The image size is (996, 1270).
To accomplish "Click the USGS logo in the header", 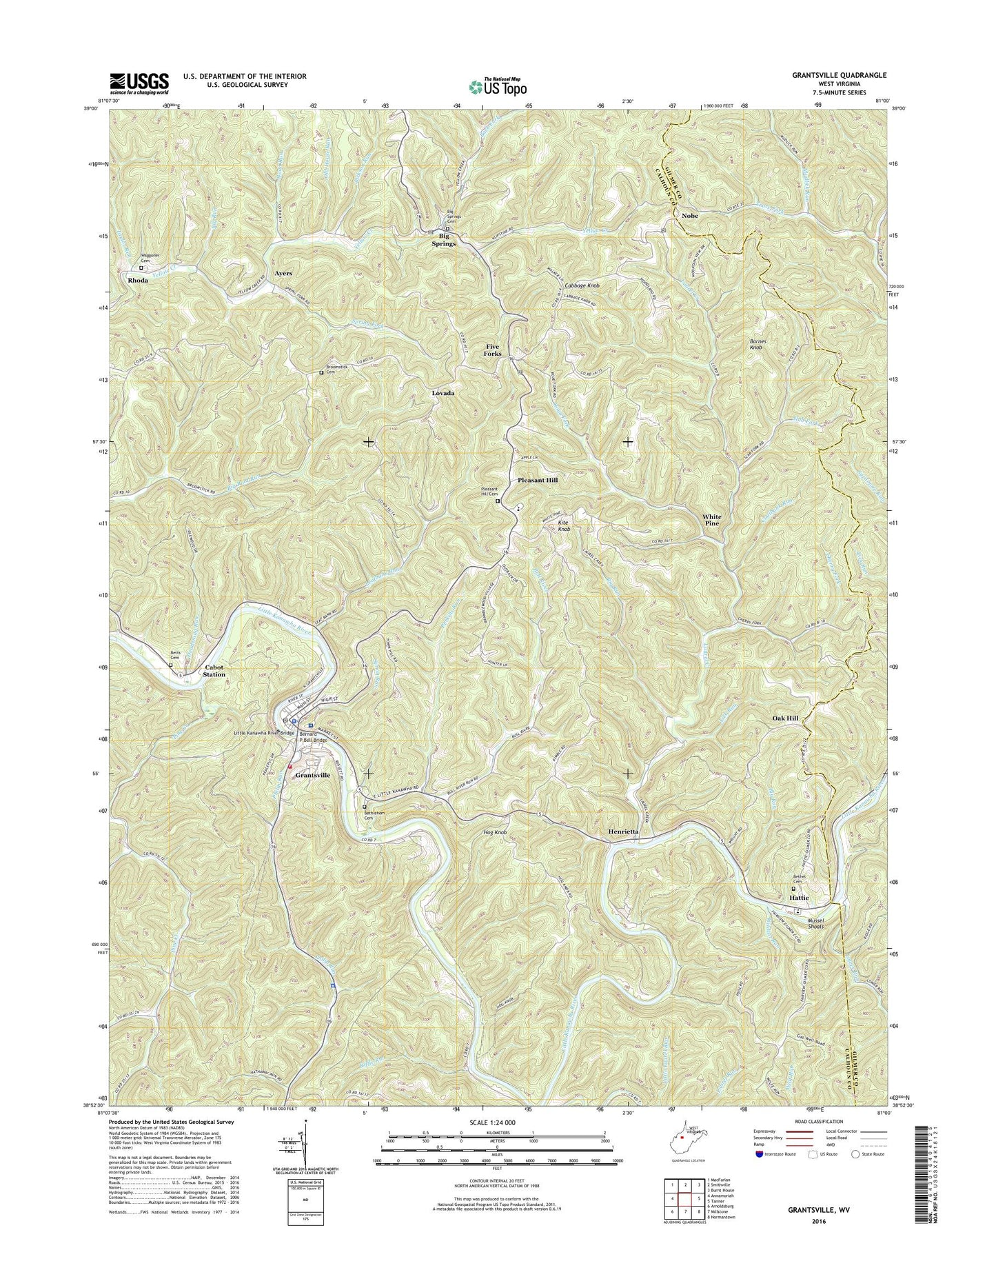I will click(139, 83).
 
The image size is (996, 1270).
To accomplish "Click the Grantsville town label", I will click(312, 775).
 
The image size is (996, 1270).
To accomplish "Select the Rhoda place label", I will click(137, 281).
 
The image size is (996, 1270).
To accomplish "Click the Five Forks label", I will click(493, 350).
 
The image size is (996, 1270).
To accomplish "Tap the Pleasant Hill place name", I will click(537, 479).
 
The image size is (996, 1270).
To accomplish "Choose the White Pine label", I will click(712, 520).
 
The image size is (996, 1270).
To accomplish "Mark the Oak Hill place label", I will click(785, 718).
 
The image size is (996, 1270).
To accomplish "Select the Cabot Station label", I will click(214, 671).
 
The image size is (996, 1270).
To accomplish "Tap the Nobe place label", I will click(689, 216).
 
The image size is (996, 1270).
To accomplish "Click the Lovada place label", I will click(443, 393).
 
